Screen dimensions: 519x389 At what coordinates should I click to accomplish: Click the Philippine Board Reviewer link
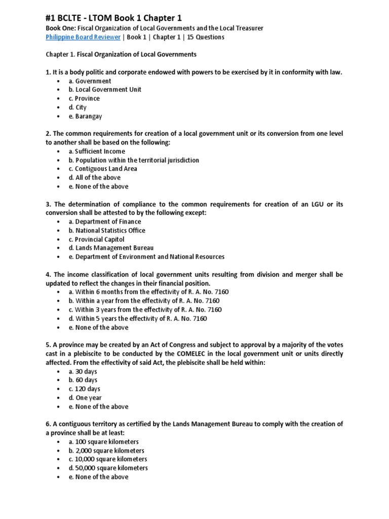83,37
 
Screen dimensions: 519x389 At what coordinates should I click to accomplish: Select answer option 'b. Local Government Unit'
105,90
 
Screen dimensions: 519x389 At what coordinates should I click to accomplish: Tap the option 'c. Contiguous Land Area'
104,169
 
